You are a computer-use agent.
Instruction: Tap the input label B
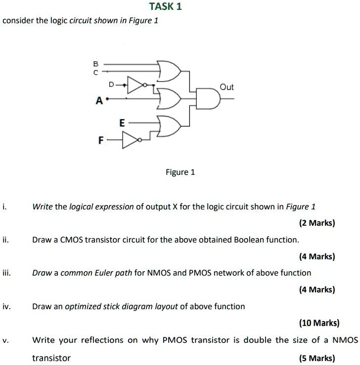[x=96, y=64]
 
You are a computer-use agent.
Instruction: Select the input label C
[x=96, y=72]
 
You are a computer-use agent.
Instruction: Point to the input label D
[x=112, y=85]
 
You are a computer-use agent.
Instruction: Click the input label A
[x=99, y=101]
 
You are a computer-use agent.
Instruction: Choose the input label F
[x=101, y=141]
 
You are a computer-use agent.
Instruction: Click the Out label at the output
[x=226, y=87]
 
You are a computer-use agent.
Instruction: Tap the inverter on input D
[x=136, y=85]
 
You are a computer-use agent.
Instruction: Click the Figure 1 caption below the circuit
[x=180, y=172]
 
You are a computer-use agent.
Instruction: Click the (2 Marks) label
[x=317, y=223]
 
